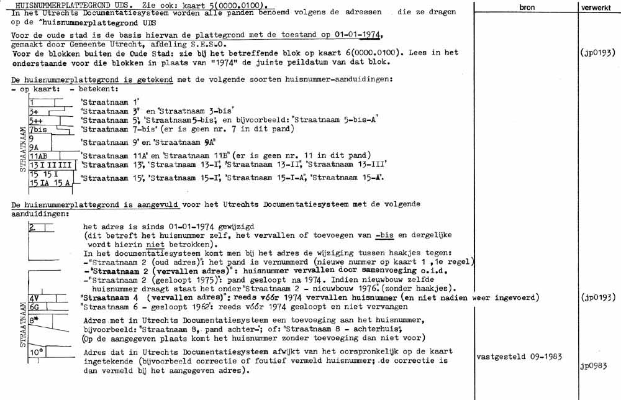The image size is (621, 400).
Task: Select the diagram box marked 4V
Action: click(35, 298)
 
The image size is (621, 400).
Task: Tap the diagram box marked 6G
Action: click(35, 306)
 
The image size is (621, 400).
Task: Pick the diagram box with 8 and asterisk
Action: click(36, 321)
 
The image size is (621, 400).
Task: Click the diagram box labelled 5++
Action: click(39, 119)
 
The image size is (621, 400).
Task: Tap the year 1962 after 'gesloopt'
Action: click(191, 307)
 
